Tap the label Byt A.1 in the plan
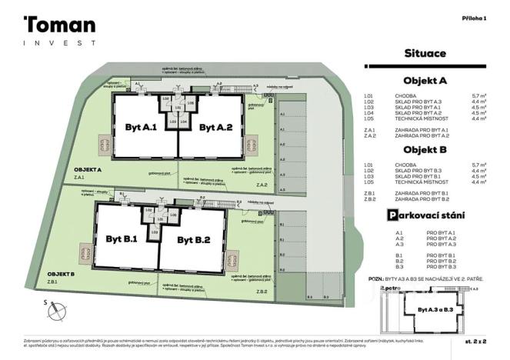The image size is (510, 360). pyautogui.click(x=141, y=128)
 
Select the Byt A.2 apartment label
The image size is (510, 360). pyautogui.click(x=215, y=128)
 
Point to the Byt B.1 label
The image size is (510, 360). pyautogui.click(x=122, y=239)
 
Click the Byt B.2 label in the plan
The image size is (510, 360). pyautogui.click(x=194, y=239)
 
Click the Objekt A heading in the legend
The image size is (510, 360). pyautogui.click(x=425, y=81)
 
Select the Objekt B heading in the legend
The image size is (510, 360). pyautogui.click(x=425, y=150)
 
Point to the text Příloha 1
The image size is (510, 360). pyautogui.click(x=475, y=17)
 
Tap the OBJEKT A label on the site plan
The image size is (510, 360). pyautogui.click(x=88, y=169)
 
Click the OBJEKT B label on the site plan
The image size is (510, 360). pyautogui.click(x=62, y=274)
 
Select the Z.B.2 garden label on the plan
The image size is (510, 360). pyautogui.click(x=262, y=292)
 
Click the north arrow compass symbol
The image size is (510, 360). pyautogui.click(x=55, y=311)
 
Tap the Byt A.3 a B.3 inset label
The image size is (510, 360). pyautogui.click(x=435, y=309)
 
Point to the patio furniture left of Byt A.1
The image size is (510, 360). pyautogui.click(x=103, y=145)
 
